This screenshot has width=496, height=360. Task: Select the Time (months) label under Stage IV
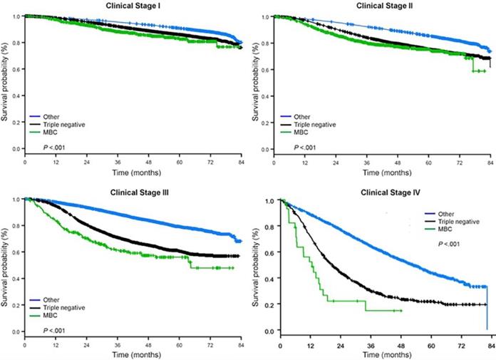[x=384, y=354]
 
